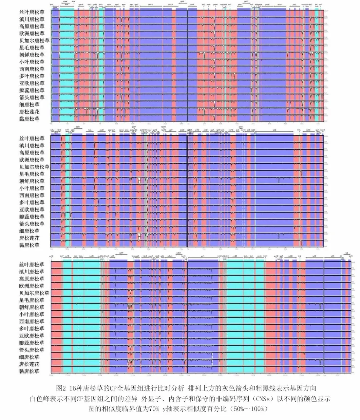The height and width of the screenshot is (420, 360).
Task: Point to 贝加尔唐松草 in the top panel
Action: [34, 41]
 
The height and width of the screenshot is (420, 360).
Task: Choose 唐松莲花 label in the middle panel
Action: [29, 238]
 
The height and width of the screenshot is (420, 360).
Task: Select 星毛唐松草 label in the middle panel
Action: [32, 174]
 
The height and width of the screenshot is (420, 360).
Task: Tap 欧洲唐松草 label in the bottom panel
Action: [32, 286]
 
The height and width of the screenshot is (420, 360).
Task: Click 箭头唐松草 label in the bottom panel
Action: [32, 350]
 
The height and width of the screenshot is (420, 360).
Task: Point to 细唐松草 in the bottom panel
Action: [29, 357]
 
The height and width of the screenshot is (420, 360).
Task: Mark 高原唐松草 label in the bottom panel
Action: [32, 279]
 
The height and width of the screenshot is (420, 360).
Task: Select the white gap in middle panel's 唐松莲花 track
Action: [139, 236]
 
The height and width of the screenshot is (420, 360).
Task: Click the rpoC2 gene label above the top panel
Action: [150, 5]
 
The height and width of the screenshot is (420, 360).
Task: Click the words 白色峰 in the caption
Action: [39, 399]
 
